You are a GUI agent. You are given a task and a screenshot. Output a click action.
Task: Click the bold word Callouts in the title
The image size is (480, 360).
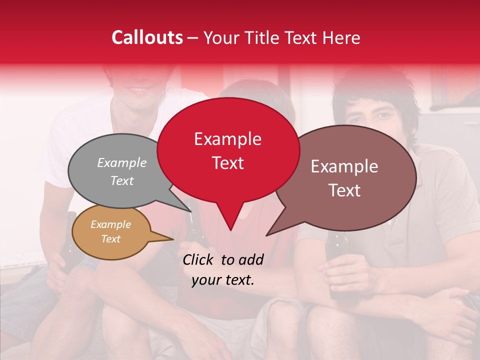pos(147,37)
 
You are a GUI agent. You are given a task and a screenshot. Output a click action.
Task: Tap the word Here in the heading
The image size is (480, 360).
pos(341,37)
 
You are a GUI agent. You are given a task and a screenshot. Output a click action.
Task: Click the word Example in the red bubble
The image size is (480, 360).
pos(227,139)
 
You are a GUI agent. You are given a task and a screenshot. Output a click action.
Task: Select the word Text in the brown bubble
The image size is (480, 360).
pos(344,190)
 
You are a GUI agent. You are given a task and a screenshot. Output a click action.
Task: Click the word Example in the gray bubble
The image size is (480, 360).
pos(122,162)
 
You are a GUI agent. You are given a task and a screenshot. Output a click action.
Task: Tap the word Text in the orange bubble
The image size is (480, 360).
pos(111,239)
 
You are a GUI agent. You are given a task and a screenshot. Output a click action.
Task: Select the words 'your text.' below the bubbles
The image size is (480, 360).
pos(223,280)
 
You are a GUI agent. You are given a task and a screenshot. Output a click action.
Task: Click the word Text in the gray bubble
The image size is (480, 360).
pos(122,180)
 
